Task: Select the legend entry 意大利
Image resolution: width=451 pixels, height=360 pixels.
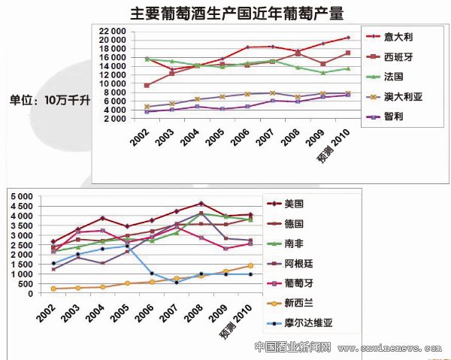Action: (x=397, y=36)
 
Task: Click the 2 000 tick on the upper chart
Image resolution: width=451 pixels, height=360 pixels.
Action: (x=114, y=119)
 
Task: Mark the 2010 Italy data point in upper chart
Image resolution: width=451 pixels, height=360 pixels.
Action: (x=348, y=37)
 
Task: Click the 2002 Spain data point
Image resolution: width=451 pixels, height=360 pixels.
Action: (x=147, y=85)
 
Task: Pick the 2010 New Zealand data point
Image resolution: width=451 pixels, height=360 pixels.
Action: (x=250, y=265)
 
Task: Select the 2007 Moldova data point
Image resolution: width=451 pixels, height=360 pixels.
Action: (x=177, y=282)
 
